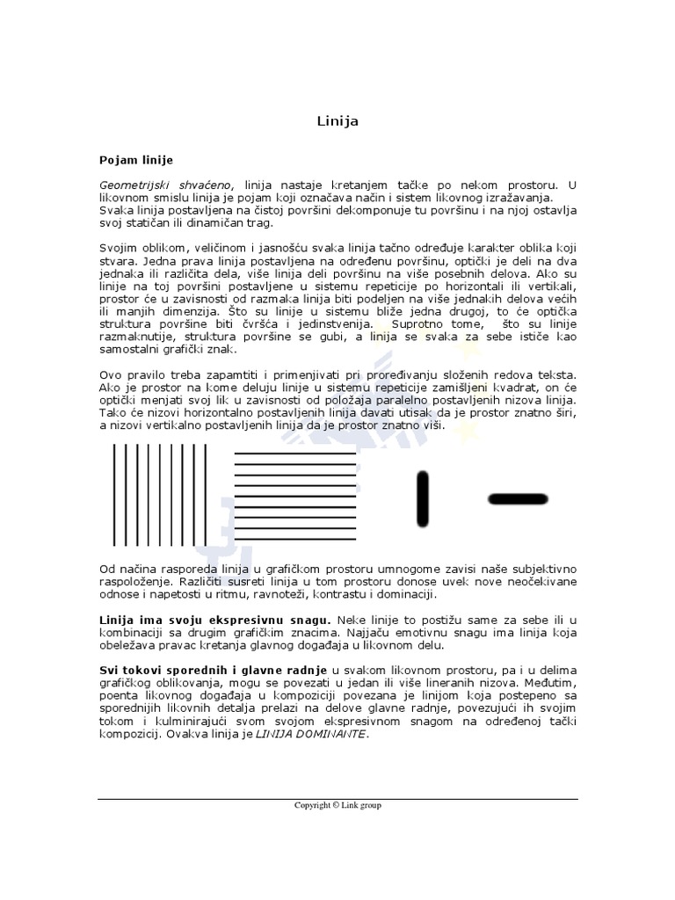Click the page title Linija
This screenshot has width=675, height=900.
click(x=337, y=120)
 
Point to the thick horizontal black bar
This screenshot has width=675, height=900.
click(x=517, y=499)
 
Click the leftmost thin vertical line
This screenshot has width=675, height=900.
click(x=113, y=494)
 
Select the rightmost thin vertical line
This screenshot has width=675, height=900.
click(x=206, y=494)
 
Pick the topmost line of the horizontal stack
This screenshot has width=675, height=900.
click(x=294, y=454)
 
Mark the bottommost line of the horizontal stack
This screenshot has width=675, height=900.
click(x=294, y=538)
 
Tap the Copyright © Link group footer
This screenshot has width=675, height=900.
click(x=337, y=804)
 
